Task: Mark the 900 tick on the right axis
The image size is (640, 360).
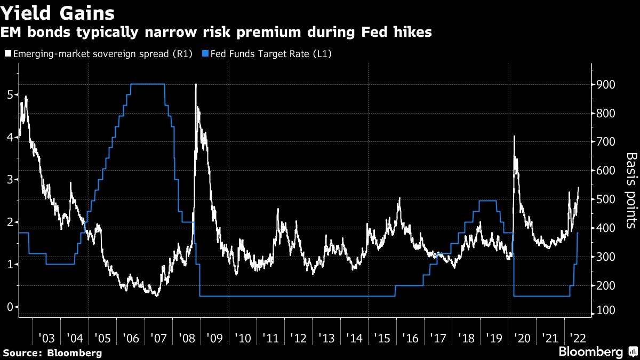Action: (606, 85)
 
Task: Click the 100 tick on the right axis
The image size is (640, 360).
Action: (606, 310)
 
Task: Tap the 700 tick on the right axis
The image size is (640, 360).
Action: (606, 142)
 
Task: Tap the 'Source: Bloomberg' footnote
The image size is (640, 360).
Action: (52, 353)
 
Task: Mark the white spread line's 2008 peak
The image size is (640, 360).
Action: (196, 84)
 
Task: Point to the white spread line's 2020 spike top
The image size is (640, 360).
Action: (514, 137)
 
